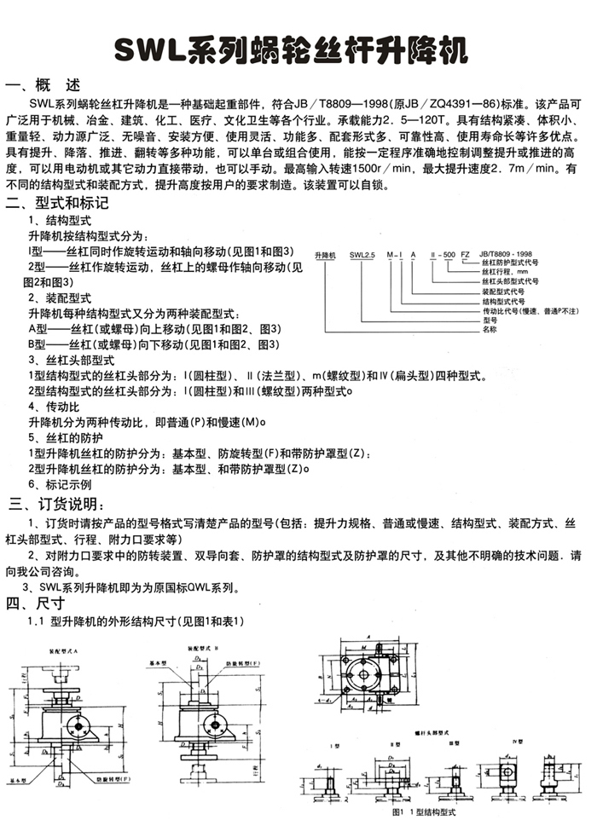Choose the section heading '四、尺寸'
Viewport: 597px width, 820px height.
(x=34, y=605)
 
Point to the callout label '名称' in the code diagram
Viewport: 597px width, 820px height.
(x=489, y=328)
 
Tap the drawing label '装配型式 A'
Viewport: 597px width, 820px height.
(x=61, y=650)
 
